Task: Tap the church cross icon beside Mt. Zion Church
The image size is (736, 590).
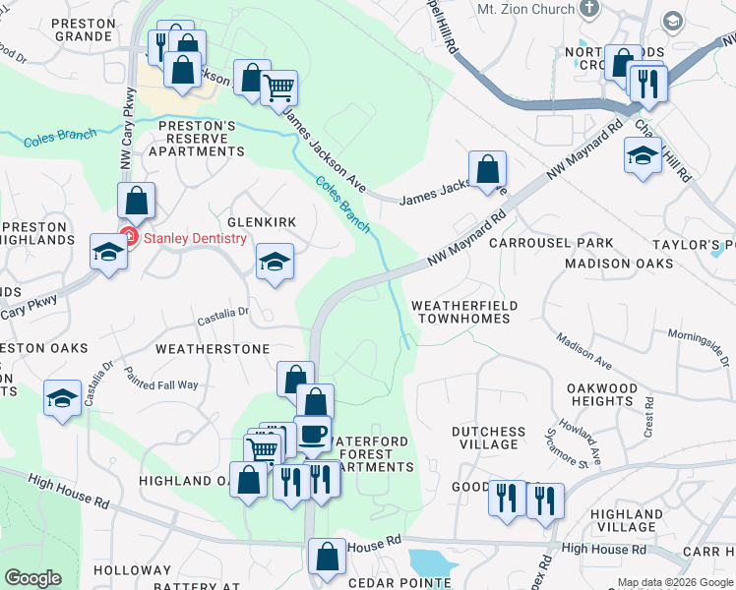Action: [590, 9]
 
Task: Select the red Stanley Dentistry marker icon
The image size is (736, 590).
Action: [128, 237]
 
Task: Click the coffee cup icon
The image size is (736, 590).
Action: [313, 434]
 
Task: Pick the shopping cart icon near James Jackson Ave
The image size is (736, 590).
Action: [279, 88]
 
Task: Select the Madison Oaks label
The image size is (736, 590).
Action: [619, 264]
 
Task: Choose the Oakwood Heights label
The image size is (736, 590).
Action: [602, 394]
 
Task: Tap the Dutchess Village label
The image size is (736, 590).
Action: [488, 438]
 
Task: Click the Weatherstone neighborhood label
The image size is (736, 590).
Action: [213, 349]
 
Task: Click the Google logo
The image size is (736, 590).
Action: [32, 578]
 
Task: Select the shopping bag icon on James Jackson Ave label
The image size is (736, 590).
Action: [487, 169]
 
